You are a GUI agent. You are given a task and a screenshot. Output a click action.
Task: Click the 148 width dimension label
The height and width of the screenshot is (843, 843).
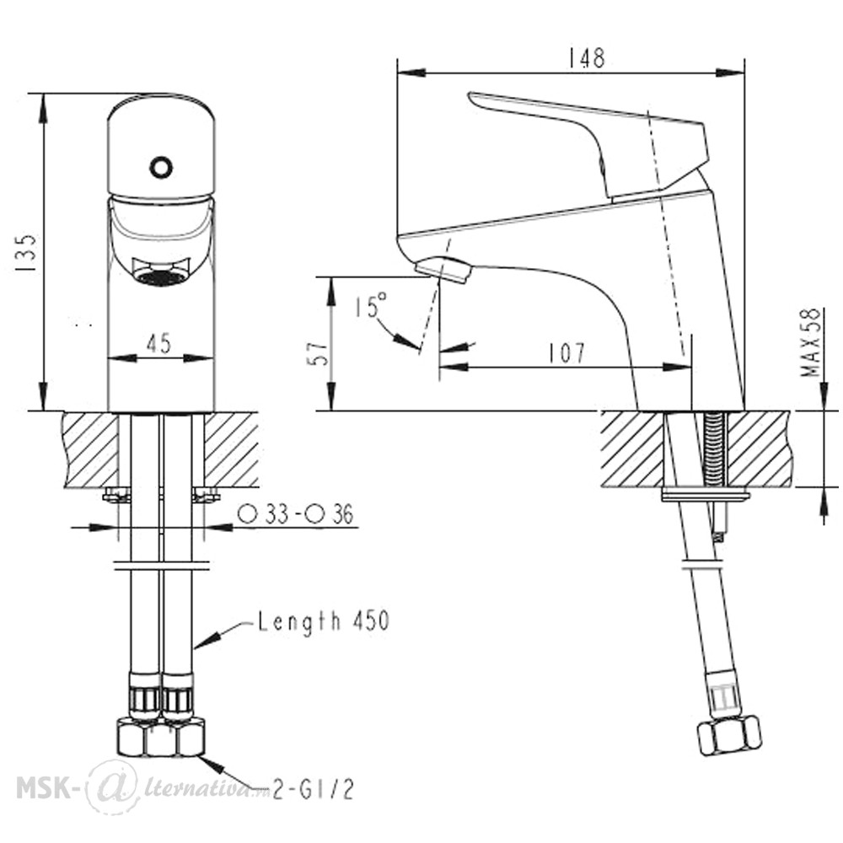[587, 58]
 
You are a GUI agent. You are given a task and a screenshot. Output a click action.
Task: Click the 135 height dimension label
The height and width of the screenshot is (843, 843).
[26, 253]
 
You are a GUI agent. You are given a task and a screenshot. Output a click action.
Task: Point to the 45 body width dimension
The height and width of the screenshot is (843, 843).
[158, 343]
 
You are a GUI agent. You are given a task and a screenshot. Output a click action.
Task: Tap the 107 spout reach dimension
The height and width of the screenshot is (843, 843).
[566, 353]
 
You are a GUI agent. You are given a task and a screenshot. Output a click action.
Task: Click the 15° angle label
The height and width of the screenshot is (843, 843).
[370, 305]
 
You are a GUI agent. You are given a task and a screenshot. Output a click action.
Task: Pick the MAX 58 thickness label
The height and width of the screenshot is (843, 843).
[811, 342]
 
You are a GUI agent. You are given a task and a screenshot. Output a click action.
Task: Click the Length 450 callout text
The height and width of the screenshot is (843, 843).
[324, 621]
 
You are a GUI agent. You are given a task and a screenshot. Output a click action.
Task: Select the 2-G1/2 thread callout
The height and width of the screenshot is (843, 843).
[313, 790]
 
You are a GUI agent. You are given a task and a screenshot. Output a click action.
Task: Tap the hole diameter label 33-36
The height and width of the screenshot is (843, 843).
[296, 514]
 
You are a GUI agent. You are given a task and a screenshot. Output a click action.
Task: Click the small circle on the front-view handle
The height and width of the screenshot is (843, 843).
[161, 167]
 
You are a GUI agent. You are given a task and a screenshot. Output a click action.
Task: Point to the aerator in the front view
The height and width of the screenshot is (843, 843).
[160, 272]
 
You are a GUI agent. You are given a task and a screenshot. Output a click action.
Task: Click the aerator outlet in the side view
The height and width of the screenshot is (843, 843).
[443, 269]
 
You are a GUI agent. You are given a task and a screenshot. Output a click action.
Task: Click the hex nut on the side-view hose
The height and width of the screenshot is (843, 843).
[729, 736]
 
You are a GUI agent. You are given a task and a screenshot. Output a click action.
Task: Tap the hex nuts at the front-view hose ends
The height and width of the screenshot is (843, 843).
[161, 738]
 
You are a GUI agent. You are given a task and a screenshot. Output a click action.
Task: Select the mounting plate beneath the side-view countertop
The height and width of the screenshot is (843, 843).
[706, 494]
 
